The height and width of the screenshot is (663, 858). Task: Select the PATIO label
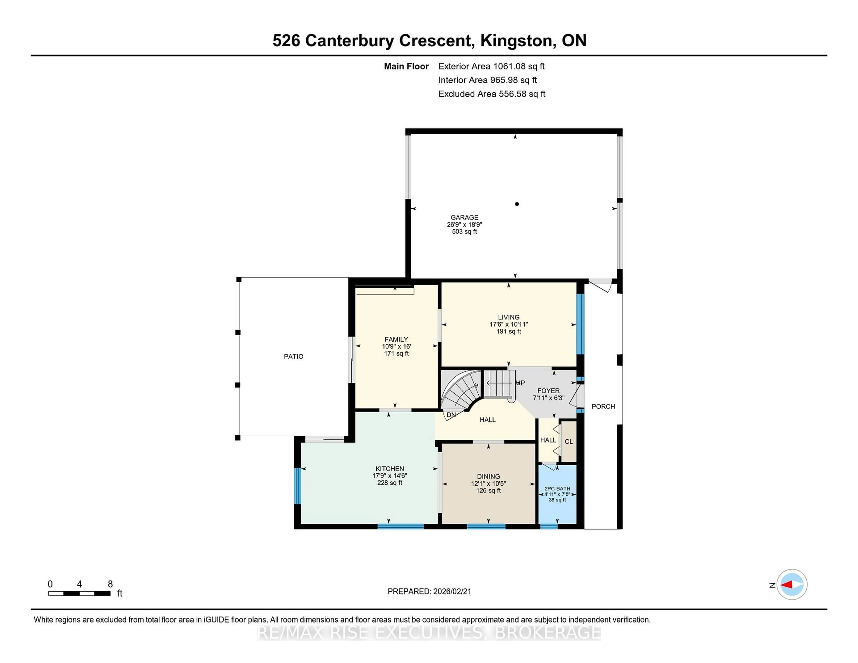pos(293,356)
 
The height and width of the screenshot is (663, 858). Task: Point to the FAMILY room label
pos(396,339)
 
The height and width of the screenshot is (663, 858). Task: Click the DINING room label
pos(488,476)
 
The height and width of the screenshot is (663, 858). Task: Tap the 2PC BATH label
pos(557,489)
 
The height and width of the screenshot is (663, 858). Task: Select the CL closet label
pos(568,441)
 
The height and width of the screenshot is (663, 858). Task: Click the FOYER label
pos(549,391)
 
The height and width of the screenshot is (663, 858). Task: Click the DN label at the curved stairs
pos(451,415)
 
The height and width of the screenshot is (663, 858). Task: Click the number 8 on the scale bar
pos(110,584)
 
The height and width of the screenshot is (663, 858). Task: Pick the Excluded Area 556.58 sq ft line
pos(492,94)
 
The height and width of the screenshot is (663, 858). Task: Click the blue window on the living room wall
pos(580,324)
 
